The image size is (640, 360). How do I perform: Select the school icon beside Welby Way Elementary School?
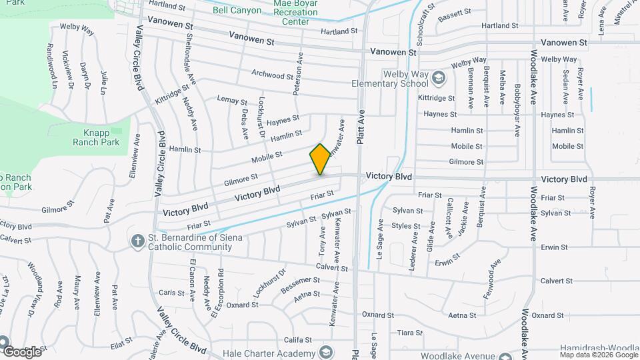pyautogui.click(x=438, y=79)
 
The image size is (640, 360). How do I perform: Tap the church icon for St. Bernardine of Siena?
pyautogui.click(x=137, y=240)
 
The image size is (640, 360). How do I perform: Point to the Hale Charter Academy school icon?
pyautogui.click(x=326, y=351)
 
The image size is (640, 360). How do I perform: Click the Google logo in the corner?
pyautogui.click(x=22, y=351)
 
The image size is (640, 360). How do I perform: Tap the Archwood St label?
pyautogui.click(x=277, y=75)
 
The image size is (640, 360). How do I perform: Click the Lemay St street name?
pyautogui.click(x=232, y=100)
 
